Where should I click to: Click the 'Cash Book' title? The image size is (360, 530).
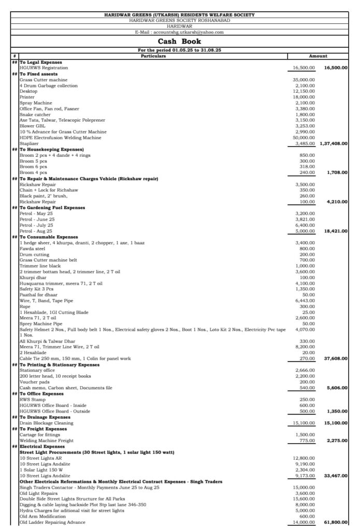[x=179, y=41]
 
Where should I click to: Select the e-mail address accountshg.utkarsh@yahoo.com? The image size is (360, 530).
[x=179, y=32]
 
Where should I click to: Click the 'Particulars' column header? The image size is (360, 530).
[x=154, y=56]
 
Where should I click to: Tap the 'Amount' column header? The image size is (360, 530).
[x=318, y=56]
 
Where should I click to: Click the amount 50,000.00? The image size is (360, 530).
[x=304, y=138]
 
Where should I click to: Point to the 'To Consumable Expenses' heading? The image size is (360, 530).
[x=49, y=237]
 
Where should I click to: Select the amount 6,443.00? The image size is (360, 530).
[x=305, y=301]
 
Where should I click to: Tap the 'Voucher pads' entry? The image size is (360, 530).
[x=34, y=382]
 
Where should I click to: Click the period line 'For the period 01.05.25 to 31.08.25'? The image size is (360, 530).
[x=179, y=50]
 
